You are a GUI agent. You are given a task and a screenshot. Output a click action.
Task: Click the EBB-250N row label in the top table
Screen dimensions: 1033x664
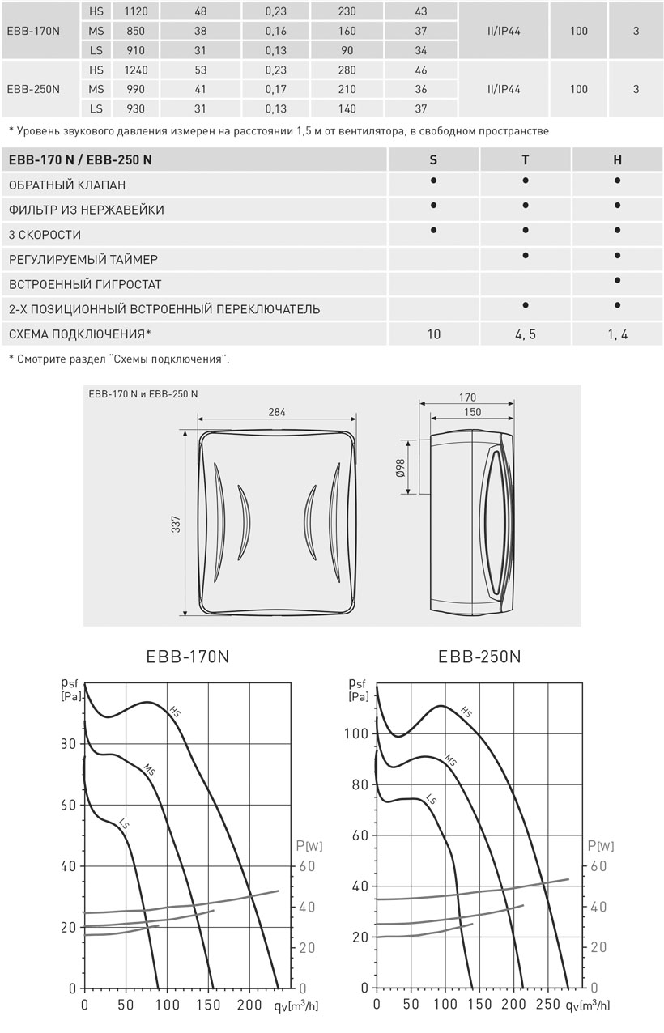[x=33, y=89]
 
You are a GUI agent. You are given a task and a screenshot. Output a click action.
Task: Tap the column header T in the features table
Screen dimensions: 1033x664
[x=526, y=160]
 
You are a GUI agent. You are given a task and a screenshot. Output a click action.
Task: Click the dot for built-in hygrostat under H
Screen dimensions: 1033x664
[x=617, y=281]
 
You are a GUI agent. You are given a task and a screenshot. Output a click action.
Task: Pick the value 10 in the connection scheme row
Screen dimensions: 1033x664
[x=434, y=334]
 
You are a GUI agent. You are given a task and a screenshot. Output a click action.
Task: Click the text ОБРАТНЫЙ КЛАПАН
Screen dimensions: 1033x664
[x=67, y=185]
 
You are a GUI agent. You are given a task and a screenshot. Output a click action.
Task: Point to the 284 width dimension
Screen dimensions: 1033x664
[x=277, y=412]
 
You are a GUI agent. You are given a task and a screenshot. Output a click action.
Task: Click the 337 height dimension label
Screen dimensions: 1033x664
[x=176, y=524]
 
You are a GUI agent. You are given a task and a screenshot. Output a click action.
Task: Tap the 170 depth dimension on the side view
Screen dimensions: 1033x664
[x=466, y=397]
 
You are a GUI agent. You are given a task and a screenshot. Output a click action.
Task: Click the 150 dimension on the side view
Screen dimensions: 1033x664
[x=472, y=412]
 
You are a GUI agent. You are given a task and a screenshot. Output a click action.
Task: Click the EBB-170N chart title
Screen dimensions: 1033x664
[x=188, y=657]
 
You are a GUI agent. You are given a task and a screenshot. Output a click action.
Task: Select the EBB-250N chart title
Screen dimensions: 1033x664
[x=479, y=657]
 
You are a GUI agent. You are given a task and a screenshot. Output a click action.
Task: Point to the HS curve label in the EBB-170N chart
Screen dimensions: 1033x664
[x=175, y=712]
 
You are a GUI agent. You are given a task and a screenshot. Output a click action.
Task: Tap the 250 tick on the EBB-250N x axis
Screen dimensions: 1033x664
[x=548, y=1005]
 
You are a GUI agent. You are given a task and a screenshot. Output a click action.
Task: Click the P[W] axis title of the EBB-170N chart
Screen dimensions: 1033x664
[x=309, y=846]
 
